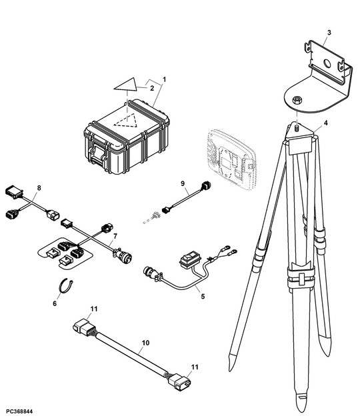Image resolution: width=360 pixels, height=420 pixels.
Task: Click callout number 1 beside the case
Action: point(164,79)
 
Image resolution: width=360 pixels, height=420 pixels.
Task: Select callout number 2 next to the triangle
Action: point(151,87)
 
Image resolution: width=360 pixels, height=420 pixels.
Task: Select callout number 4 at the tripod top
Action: point(325,123)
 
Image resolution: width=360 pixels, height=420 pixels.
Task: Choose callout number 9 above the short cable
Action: point(182,183)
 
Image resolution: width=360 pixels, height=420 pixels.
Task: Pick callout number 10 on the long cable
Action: point(145,343)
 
